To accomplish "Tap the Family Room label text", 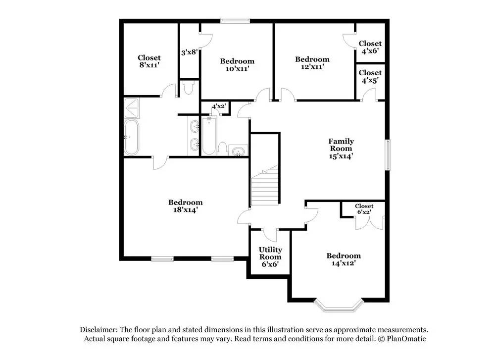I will click(341, 145).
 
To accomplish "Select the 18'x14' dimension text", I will click(185, 209).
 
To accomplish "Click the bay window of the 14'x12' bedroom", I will click(340, 306).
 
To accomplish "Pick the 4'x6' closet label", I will click(370, 47).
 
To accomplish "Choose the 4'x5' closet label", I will click(370, 77).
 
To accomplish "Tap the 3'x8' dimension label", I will click(190, 51).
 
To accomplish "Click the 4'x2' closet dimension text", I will click(218, 106).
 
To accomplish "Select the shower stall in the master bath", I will click(132, 106).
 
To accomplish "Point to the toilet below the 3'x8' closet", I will click(188, 88).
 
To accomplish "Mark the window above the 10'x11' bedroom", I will click(235, 20).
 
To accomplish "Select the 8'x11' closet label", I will click(149, 61).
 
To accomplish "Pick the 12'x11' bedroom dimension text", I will click(312, 66).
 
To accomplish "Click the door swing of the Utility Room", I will click(270, 233).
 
